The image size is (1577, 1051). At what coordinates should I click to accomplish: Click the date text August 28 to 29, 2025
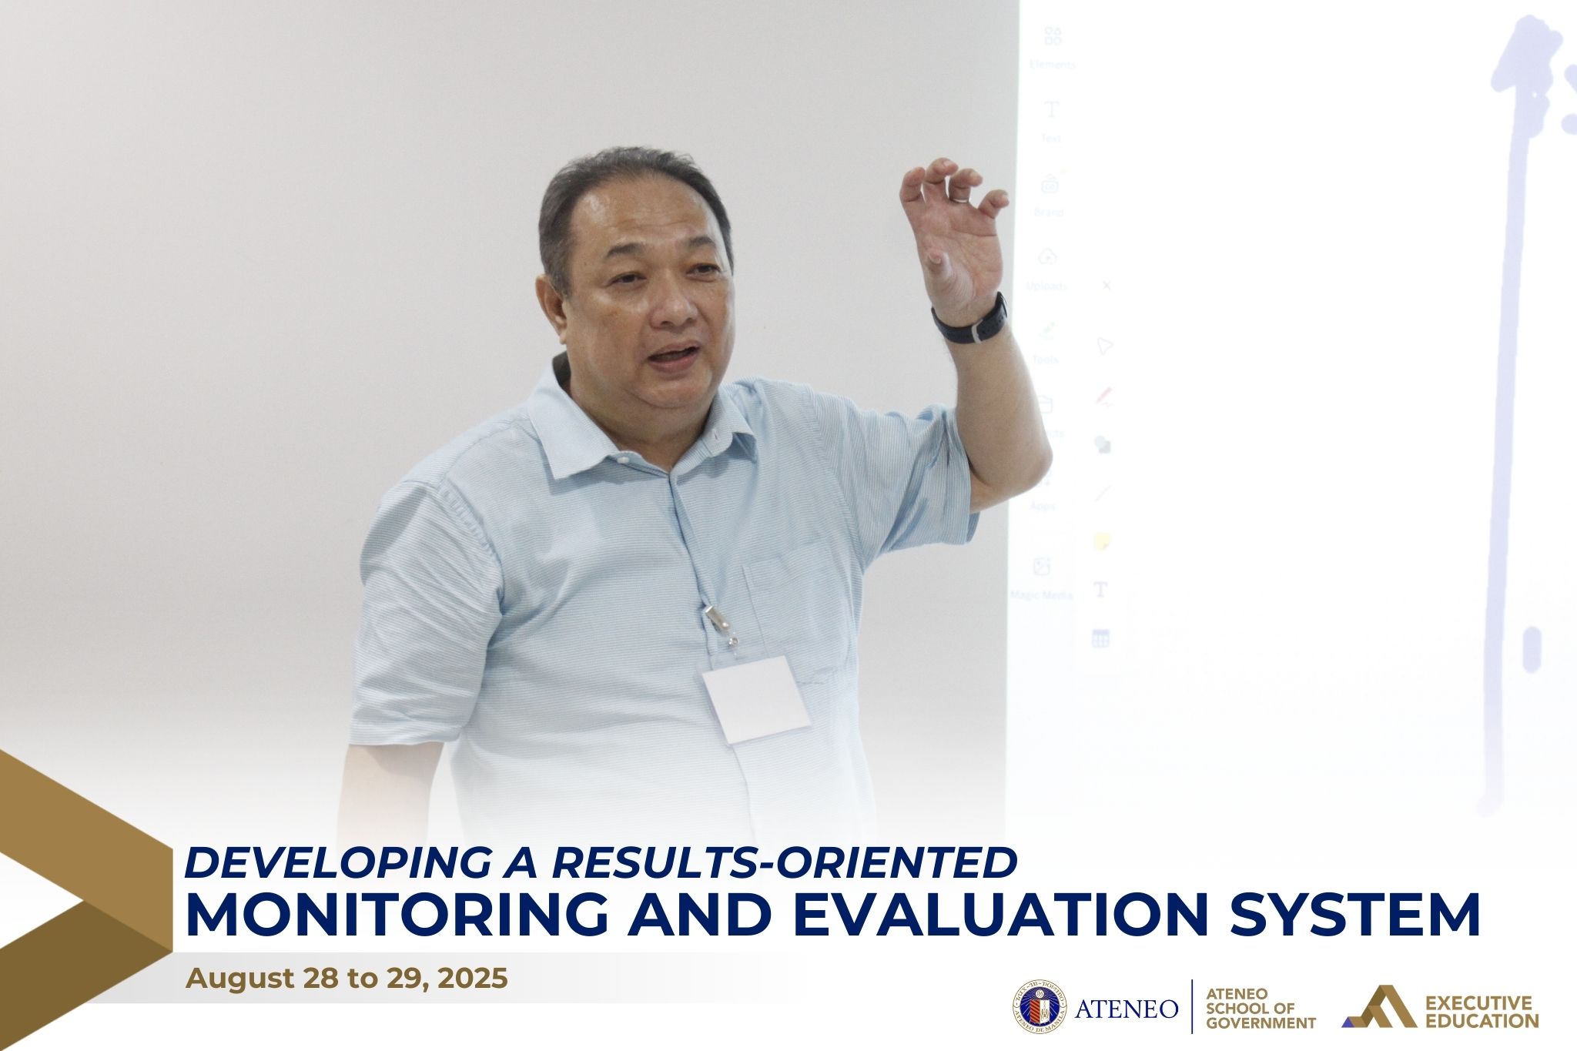[x=347, y=979]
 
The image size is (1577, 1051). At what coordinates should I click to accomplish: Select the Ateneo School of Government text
[x=1260, y=1008]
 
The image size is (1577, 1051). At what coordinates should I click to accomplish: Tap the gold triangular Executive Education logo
[x=1378, y=1007]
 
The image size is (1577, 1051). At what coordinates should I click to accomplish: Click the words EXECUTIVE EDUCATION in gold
[x=1482, y=1012]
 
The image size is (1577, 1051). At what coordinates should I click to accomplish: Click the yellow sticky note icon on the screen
[x=1102, y=542]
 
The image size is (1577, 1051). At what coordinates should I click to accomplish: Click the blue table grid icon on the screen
[x=1100, y=638]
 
